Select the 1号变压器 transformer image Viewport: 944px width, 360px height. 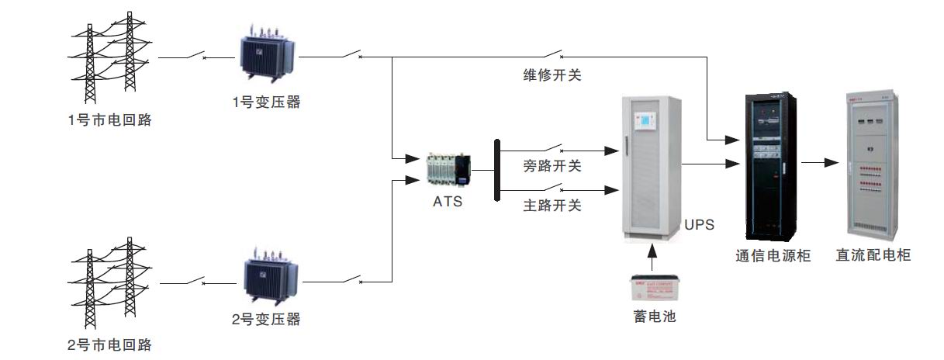click(x=268, y=52)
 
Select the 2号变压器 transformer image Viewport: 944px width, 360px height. click(x=268, y=275)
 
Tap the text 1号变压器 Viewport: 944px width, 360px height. click(x=266, y=102)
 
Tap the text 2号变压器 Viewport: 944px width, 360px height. click(x=266, y=319)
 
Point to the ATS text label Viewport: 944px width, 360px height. click(x=448, y=202)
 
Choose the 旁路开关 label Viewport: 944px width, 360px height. click(x=552, y=166)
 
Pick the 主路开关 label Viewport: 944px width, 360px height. click(x=552, y=206)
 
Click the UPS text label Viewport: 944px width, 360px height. click(x=699, y=226)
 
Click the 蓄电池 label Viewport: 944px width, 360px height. click(x=654, y=317)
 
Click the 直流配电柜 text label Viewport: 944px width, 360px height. click(x=873, y=255)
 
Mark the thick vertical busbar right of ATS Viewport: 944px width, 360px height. click(x=496, y=170)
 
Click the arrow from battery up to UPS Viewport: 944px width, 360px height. click(x=653, y=257)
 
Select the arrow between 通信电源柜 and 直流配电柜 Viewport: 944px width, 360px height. click(x=821, y=163)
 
